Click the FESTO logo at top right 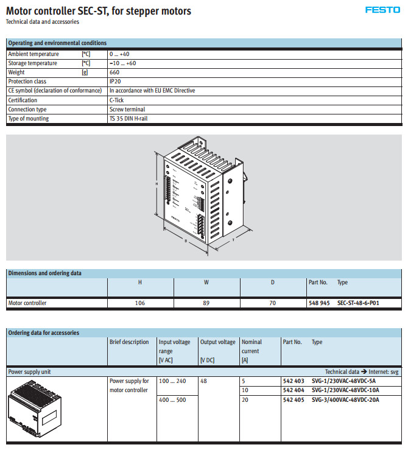(382, 10)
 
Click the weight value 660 (114, 72)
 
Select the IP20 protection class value (115, 82)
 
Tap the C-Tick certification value (116, 100)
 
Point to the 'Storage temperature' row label (32, 63)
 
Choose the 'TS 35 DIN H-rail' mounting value (128, 119)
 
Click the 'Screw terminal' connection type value (127, 110)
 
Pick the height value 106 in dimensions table (140, 303)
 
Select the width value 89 (206, 303)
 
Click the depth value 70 (272, 303)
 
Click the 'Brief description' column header (129, 342)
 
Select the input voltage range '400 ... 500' (172, 400)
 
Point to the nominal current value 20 (245, 400)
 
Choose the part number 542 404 (294, 390)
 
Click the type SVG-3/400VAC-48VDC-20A (345, 400)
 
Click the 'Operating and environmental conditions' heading (57, 43)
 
